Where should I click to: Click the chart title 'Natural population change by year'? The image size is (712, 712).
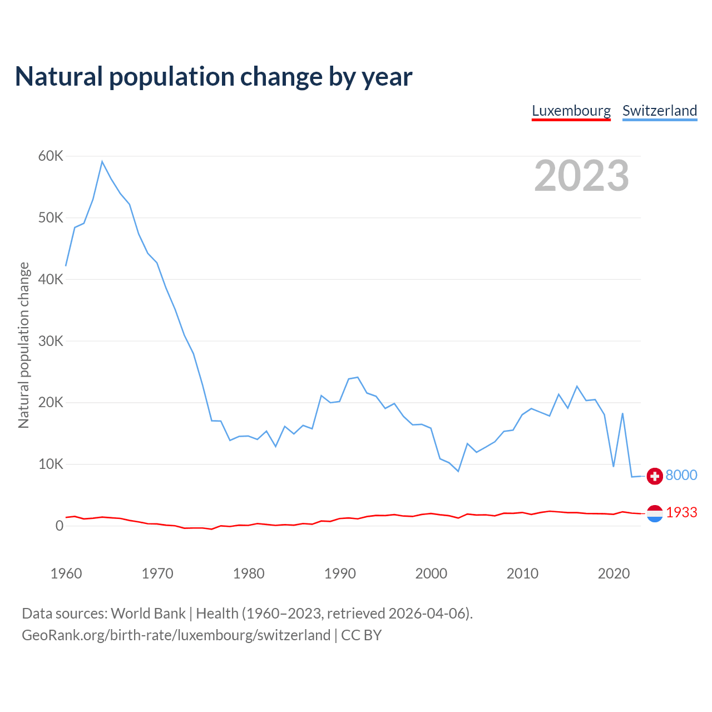(214, 77)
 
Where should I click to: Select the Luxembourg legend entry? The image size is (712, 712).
(571, 111)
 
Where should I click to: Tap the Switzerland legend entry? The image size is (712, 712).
(660, 111)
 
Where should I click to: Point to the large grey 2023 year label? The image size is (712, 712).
(581, 176)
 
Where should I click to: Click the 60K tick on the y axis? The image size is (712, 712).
(51, 156)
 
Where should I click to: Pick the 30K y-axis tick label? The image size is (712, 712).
(51, 341)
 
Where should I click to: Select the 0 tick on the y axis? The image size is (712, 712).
(59, 526)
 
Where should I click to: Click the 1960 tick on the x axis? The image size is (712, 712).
(66, 573)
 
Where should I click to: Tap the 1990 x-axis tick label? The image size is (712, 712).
(340, 573)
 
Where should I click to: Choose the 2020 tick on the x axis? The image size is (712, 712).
(614, 573)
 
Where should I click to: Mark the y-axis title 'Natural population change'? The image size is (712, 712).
(23, 345)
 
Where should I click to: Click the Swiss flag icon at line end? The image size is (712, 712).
(655, 476)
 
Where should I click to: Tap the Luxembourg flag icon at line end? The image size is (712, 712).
(655, 513)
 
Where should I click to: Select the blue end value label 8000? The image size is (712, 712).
(681, 475)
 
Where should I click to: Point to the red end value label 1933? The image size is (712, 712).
(681, 512)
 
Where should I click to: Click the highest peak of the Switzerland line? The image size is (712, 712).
(102, 162)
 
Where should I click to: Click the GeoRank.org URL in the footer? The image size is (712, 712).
(176, 635)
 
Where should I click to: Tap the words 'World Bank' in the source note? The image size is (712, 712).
(148, 614)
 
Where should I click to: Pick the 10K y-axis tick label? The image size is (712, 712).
(51, 464)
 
